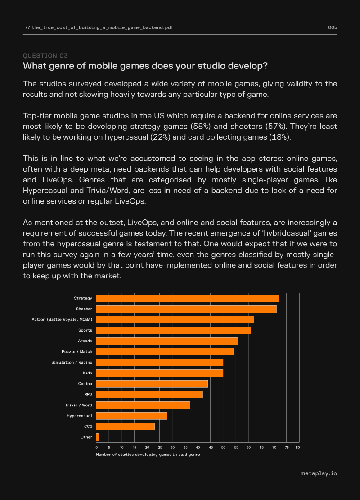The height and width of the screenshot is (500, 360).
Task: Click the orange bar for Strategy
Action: [x=187, y=299]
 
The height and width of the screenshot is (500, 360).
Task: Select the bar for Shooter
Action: [x=186, y=309]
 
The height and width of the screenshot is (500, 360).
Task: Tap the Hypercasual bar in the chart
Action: [x=131, y=416]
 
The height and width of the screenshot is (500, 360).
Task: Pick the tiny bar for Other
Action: [x=98, y=437]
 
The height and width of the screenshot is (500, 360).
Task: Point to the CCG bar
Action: [x=126, y=426]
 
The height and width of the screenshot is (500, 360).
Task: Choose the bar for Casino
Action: [x=152, y=384]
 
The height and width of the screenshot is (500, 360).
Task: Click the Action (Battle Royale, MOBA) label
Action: [x=62, y=319]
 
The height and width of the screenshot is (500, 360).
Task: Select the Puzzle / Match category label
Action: [x=77, y=351]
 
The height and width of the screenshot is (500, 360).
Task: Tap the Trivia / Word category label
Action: [x=79, y=405]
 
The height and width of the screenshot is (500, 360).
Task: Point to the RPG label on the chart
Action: [x=88, y=395]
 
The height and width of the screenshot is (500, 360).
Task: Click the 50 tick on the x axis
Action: [x=223, y=447]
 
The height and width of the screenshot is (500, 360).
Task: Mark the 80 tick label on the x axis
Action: [x=297, y=447]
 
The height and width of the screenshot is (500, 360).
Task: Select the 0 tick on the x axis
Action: [x=97, y=447]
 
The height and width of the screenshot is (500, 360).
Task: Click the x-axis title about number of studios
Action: [x=148, y=455]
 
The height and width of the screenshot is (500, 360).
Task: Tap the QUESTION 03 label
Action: [x=45, y=55]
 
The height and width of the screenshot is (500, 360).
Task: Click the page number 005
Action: [x=333, y=27]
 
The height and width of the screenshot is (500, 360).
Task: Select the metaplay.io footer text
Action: [x=319, y=473]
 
